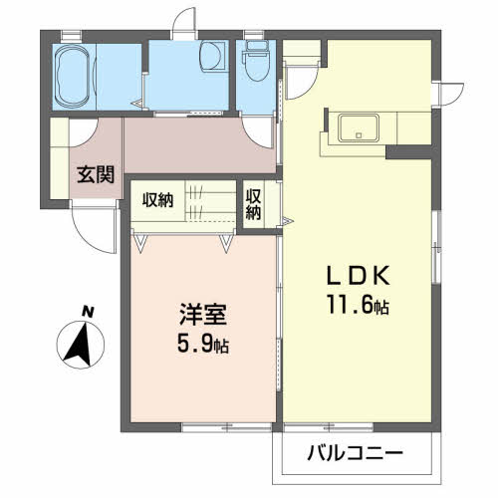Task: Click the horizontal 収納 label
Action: (x=157, y=199)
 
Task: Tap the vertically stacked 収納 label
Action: (x=254, y=203)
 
